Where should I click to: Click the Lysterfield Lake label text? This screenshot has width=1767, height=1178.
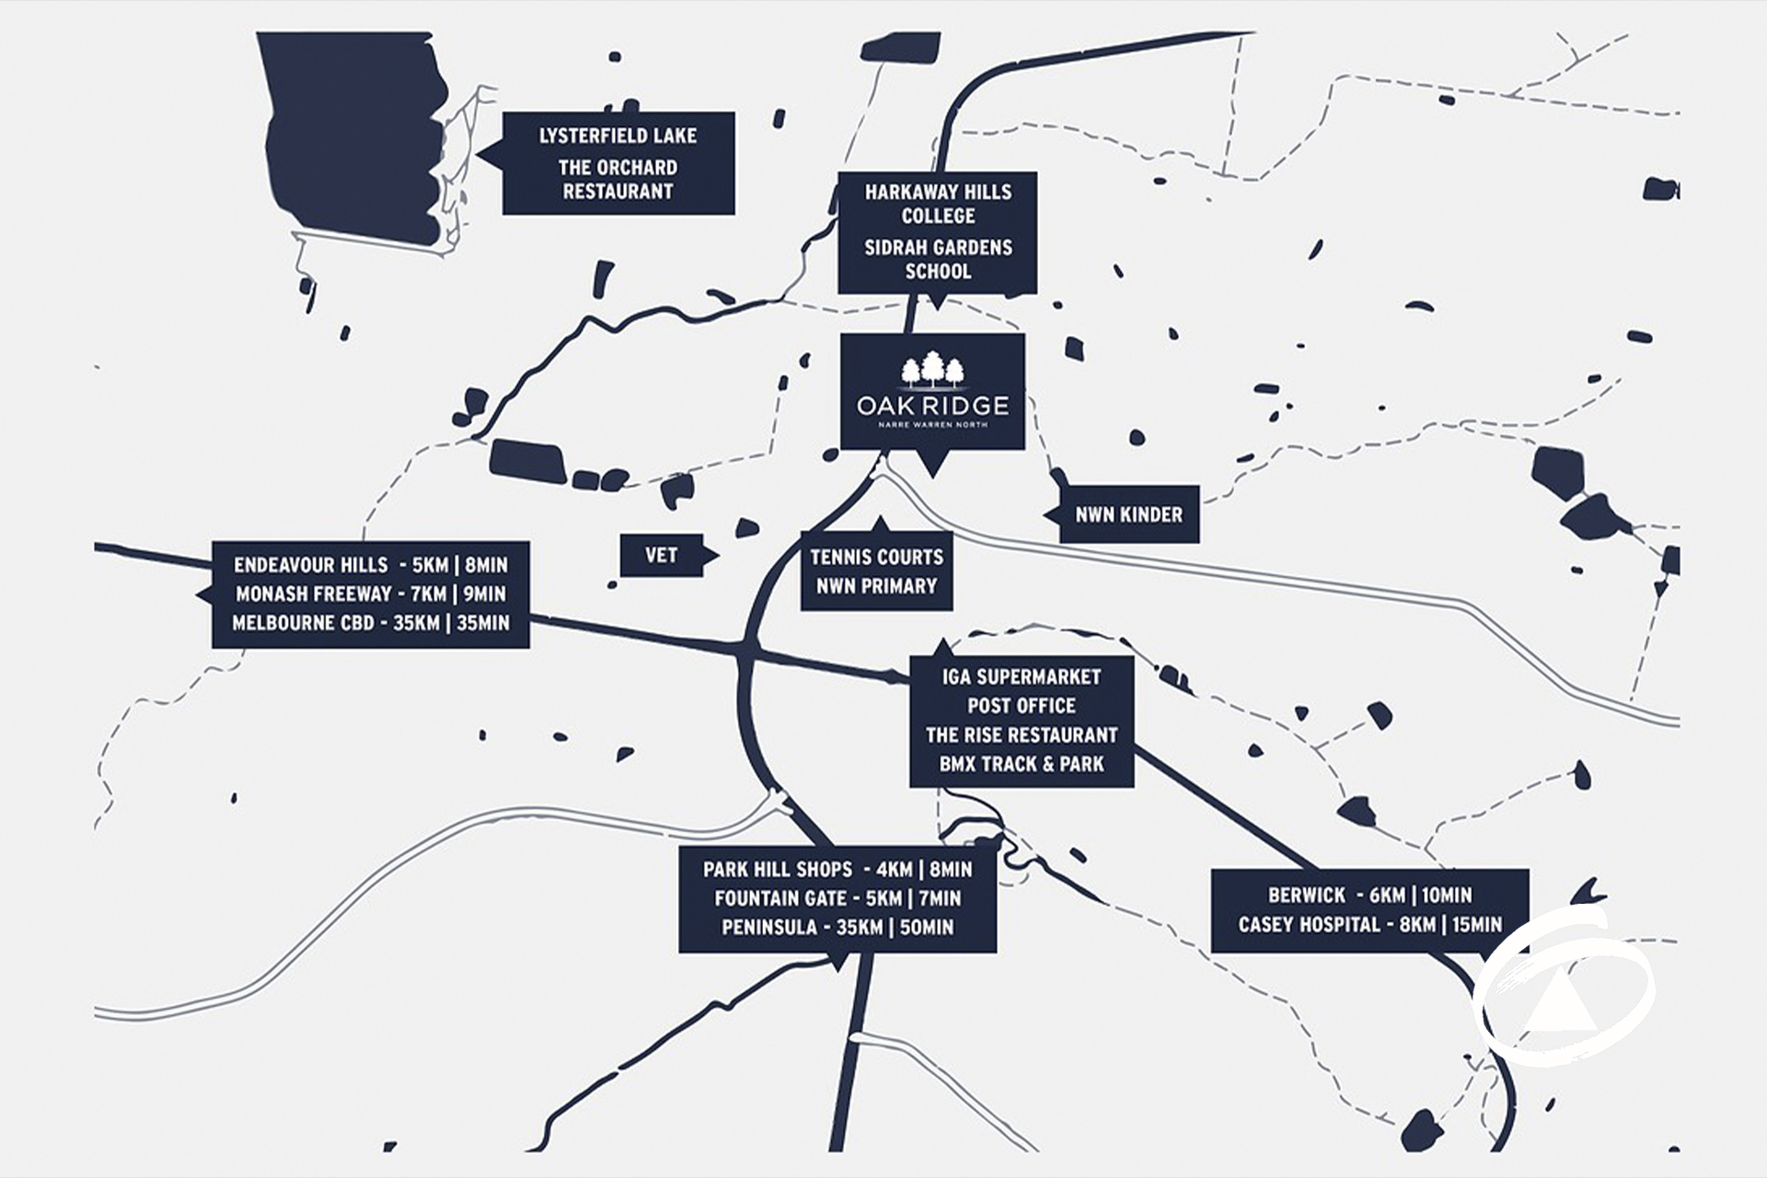618,136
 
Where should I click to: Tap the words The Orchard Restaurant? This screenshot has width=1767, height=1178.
618,179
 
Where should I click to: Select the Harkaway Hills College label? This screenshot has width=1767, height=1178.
938,203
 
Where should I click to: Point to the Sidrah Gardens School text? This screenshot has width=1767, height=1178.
938,259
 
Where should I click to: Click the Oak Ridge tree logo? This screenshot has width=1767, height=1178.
932,370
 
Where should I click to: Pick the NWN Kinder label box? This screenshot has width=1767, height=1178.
1129,514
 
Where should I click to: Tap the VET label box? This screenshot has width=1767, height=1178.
661,555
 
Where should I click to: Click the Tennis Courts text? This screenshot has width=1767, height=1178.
876,557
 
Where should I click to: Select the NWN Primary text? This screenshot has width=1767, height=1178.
876,585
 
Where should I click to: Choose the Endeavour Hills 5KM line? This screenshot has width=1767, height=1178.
370,565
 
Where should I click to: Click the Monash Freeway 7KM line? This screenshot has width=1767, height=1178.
370,594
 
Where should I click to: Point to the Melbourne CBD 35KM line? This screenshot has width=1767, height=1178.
370,623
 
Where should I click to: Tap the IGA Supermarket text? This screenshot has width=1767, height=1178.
1021,677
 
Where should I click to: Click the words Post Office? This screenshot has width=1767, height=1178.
1021,706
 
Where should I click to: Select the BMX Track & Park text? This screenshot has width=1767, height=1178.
1021,764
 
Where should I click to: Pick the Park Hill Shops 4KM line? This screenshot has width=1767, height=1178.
837,870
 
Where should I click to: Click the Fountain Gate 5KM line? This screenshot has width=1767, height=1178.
837,898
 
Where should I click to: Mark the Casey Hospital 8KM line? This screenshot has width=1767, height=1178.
1369,924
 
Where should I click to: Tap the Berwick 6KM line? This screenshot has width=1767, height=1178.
1369,895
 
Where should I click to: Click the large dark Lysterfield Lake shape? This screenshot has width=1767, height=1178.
350,138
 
